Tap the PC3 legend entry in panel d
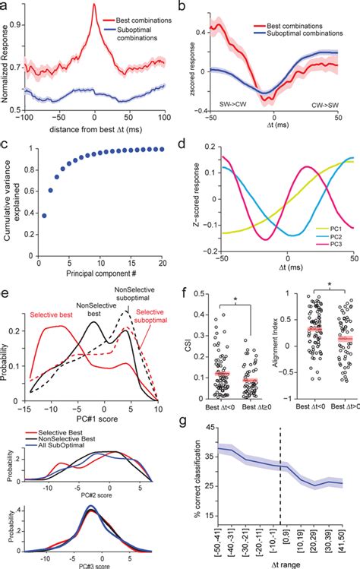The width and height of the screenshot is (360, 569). point(332,270)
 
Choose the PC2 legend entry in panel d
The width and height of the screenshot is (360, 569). point(332,258)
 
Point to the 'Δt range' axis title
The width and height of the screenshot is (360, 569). point(286,563)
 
